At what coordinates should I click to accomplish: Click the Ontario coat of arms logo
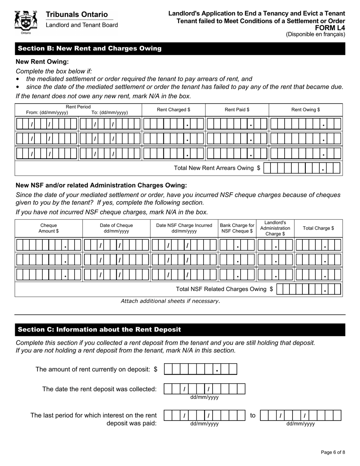click(26, 22)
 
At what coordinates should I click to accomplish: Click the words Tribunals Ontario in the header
click(77, 14)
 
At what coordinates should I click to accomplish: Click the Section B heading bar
click(180, 48)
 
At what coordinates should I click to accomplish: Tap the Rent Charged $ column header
click(174, 110)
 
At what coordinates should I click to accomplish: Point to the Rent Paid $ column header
click(237, 110)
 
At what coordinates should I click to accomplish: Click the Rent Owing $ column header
click(305, 110)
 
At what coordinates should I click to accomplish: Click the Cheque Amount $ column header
click(49, 228)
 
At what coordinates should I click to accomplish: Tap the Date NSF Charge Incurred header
click(184, 228)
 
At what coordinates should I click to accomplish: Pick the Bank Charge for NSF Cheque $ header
click(237, 228)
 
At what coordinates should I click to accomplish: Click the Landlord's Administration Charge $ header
click(275, 228)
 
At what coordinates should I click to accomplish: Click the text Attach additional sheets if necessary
click(170, 301)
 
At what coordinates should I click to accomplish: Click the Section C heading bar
click(180, 330)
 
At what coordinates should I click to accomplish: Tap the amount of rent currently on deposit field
click(200, 369)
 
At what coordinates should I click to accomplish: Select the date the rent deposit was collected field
click(204, 389)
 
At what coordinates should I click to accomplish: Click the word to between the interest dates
click(253, 416)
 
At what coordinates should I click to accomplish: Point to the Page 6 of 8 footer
click(333, 452)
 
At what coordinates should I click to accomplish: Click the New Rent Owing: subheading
click(42, 61)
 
